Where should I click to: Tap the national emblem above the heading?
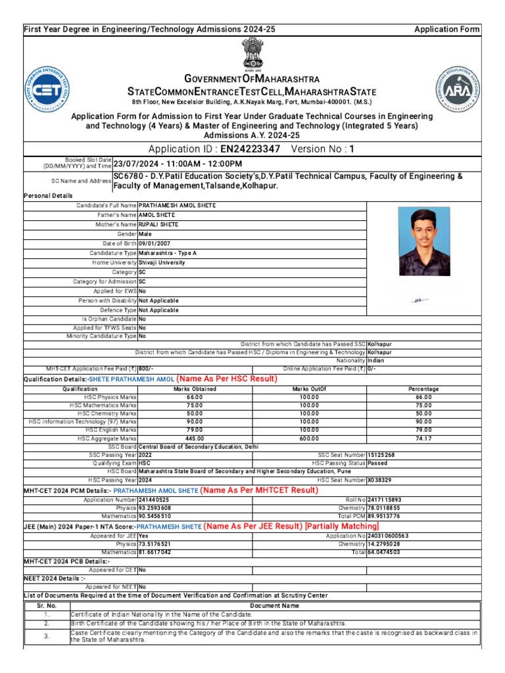[252, 53]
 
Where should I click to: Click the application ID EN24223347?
[250, 149]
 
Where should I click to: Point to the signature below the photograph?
[420, 300]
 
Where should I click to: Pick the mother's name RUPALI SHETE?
[158, 224]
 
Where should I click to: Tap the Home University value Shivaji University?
[162, 262]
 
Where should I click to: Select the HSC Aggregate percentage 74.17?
[423, 438]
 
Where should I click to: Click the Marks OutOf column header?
[308, 389]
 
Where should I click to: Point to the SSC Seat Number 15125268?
[381, 455]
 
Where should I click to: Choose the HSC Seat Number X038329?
[379, 480]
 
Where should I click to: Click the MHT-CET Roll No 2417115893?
[384, 500]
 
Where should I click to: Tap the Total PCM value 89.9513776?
[387, 517]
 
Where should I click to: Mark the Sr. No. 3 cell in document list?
[47, 636]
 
